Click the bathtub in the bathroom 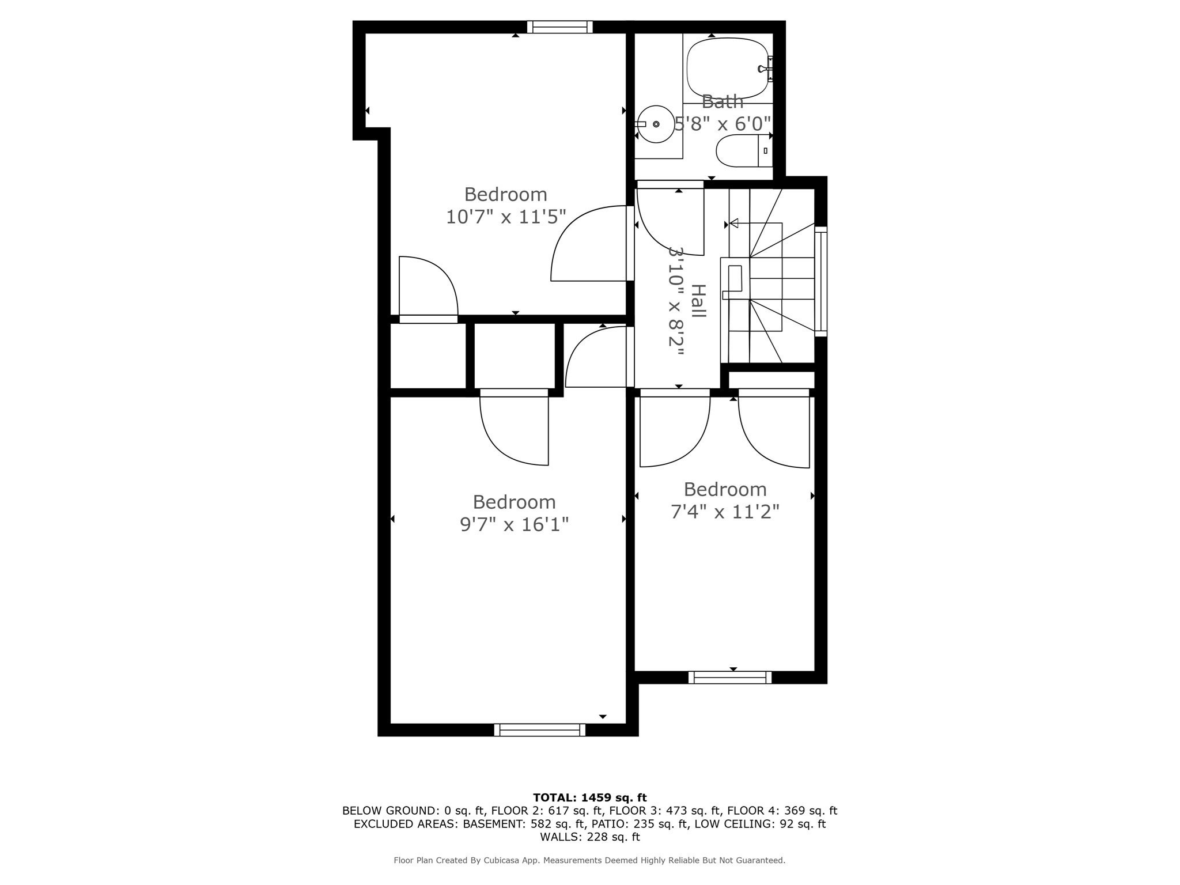click(728, 69)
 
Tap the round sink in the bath click(656, 124)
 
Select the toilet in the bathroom click(744, 150)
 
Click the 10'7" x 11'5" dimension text click(506, 217)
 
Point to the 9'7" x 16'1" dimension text click(514, 524)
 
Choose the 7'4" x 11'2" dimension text click(725, 511)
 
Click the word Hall click(698, 301)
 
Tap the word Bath click(723, 102)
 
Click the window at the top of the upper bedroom click(560, 27)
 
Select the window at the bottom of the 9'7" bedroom click(540, 730)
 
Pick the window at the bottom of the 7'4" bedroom click(730, 678)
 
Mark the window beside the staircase click(820, 282)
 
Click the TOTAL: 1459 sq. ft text click(590, 798)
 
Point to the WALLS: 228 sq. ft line click(590, 837)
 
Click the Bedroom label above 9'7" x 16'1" click(514, 502)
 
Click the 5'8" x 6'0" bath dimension click(723, 123)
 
